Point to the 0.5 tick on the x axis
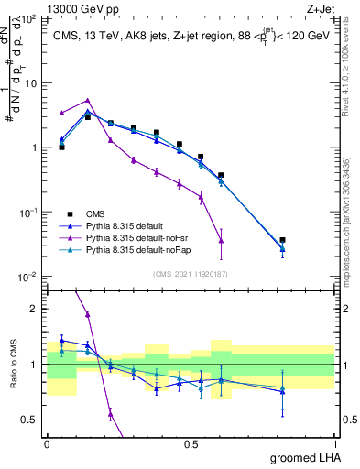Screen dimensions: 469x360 (x=191, y=443)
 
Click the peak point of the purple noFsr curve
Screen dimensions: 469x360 (x=88, y=100)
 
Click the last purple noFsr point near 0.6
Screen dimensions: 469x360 (x=221, y=241)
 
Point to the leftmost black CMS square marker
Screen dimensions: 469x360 (x=61, y=147)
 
